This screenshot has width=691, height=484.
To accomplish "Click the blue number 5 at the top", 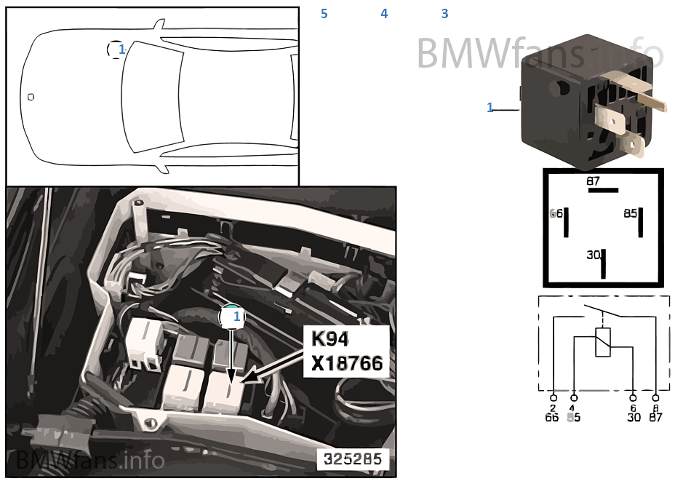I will (x=324, y=14).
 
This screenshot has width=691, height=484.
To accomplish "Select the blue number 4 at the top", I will (x=384, y=14).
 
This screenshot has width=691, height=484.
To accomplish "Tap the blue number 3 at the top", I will (x=444, y=14).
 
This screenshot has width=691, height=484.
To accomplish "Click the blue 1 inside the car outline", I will (x=121, y=49).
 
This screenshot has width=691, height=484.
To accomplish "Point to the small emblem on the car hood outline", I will (x=31, y=97).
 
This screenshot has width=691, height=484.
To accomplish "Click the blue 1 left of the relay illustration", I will (x=490, y=108).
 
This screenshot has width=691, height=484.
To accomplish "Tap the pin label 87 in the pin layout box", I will (x=594, y=180).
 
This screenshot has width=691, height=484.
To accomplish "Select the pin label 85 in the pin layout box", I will (x=629, y=214).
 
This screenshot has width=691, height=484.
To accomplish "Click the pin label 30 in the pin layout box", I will (x=594, y=255).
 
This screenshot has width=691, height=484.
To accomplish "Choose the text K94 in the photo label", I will (x=331, y=339).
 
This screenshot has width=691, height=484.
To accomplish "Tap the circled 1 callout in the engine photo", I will (x=234, y=317).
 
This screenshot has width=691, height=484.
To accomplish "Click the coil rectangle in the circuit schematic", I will (x=603, y=342).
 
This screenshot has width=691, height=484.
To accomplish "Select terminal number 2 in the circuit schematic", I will (x=554, y=408).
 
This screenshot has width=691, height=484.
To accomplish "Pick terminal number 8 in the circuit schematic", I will (x=655, y=408).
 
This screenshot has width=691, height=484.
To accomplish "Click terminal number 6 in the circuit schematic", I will (x=633, y=408).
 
